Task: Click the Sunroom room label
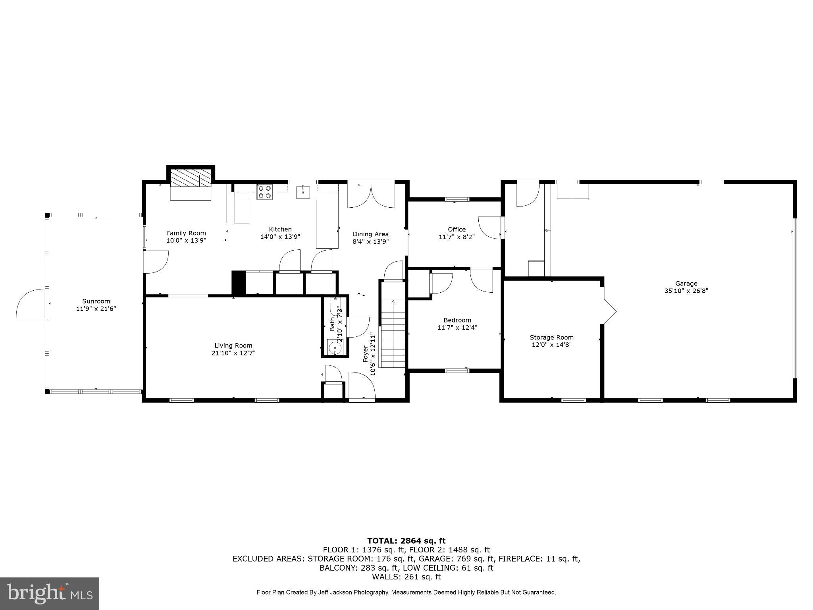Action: click(96, 301)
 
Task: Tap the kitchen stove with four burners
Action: click(265, 192)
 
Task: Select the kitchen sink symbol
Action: click(303, 192)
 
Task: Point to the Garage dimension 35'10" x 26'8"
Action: click(686, 291)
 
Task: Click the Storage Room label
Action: click(551, 337)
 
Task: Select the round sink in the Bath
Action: click(335, 348)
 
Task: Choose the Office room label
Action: click(457, 229)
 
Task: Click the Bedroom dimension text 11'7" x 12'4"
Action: click(457, 328)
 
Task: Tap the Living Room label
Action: click(233, 346)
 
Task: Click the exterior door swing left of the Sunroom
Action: click(30, 304)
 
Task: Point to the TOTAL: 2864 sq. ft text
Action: click(406, 541)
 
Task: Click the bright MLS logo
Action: click(50, 593)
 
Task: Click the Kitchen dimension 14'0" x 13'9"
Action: click(280, 237)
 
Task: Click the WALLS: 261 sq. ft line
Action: click(406, 577)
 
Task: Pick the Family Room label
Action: click(186, 233)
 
